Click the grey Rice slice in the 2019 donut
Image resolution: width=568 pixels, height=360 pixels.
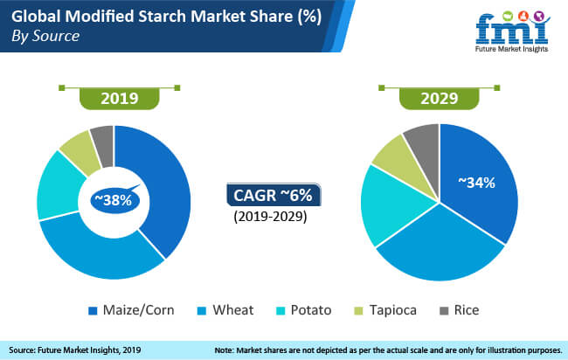[103, 146]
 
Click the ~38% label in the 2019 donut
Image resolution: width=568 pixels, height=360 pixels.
[114, 199]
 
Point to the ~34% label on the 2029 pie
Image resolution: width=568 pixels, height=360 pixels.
[476, 183]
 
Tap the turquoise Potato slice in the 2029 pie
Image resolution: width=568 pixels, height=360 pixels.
[391, 204]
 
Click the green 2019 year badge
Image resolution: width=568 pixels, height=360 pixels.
[119, 98]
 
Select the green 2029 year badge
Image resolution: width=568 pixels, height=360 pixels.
[439, 98]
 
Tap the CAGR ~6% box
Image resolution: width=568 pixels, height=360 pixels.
[274, 195]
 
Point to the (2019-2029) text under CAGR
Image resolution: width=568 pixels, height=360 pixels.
[270, 217]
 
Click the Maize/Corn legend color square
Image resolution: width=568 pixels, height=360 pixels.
[93, 311]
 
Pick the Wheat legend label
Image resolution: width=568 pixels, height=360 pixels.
[233, 310]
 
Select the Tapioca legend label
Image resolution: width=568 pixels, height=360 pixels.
[393, 310]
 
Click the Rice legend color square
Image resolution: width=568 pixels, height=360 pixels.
[444, 311]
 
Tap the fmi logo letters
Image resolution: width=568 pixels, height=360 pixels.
[511, 30]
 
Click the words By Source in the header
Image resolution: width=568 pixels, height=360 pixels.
[45, 36]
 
